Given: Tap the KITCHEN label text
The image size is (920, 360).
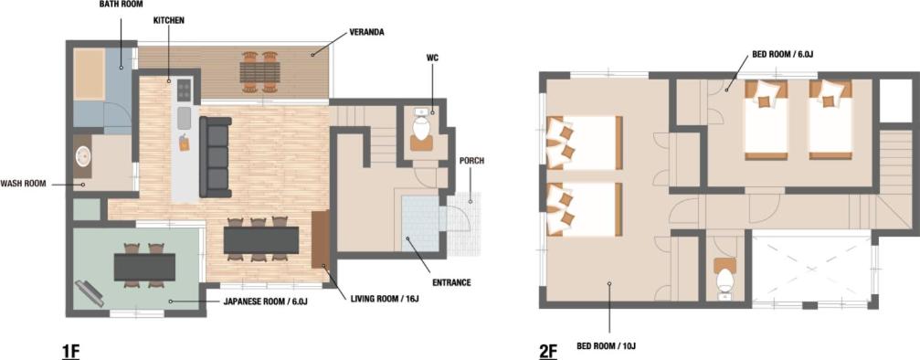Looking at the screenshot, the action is pos(169,20).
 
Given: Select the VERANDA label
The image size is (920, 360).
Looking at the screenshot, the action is pos(366,32).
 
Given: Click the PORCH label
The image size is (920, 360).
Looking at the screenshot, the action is pos(471,161).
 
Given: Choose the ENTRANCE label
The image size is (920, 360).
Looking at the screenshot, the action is pos(452,282).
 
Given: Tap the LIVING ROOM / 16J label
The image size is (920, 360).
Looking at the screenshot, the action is pos(385,300).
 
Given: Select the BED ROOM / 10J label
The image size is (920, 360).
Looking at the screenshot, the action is pos(609,345).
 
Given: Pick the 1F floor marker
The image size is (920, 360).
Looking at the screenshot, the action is pos(70,351).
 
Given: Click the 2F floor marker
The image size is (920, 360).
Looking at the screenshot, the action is pos(548,351).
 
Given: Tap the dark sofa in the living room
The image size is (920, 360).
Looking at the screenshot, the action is pos(216,157).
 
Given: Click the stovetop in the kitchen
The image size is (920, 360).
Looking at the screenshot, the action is pos(185,90).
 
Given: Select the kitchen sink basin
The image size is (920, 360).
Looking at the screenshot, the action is pos(185,118).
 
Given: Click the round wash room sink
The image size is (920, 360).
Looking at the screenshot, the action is pos(83,157).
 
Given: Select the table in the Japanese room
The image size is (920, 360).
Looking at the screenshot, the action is pos(145,267).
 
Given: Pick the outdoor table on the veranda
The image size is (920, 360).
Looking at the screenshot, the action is pos(259,72).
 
